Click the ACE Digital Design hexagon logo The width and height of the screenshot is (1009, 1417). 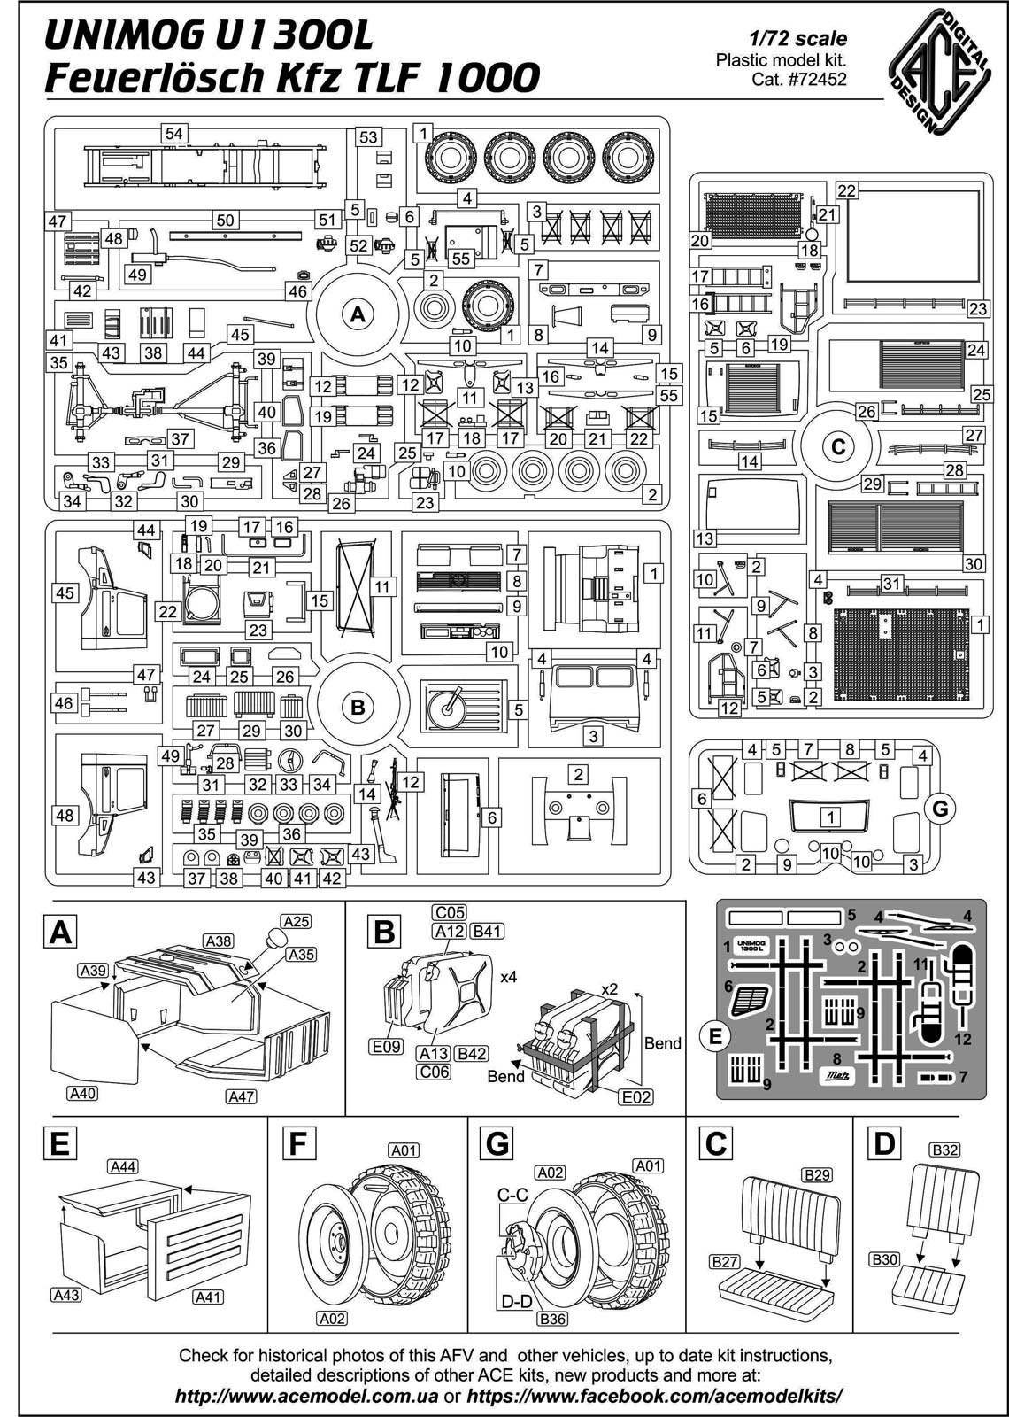click(939, 69)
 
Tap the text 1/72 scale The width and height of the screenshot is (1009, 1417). click(797, 39)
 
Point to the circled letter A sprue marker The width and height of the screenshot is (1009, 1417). click(358, 314)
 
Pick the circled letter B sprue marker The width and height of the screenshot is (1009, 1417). click(358, 707)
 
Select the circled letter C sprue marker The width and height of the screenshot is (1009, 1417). click(838, 447)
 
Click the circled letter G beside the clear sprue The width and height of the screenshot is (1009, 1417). click(940, 808)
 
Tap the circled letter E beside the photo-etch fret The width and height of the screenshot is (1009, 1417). click(715, 1034)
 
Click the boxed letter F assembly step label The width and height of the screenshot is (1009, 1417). click(297, 1143)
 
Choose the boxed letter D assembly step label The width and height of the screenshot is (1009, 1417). click(883, 1143)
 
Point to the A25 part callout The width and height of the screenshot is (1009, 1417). click(297, 921)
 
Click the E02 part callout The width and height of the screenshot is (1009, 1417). click(635, 1097)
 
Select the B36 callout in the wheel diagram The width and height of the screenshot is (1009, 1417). click(553, 1319)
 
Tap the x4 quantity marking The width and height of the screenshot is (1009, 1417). click(508, 977)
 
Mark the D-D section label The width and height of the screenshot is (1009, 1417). click(516, 1302)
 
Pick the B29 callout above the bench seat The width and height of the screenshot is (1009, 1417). click(817, 1174)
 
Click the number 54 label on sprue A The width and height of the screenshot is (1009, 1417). click(173, 133)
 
